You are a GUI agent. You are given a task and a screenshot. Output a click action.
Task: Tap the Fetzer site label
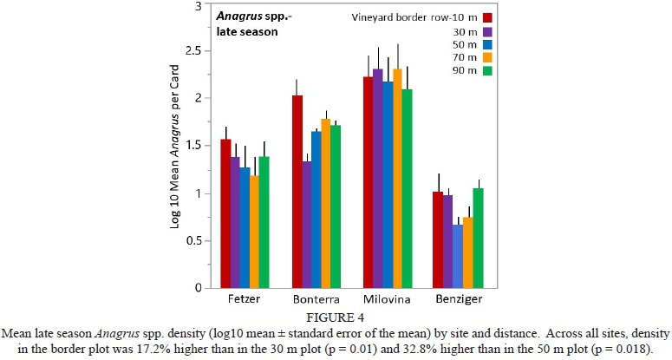[x=240, y=299]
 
